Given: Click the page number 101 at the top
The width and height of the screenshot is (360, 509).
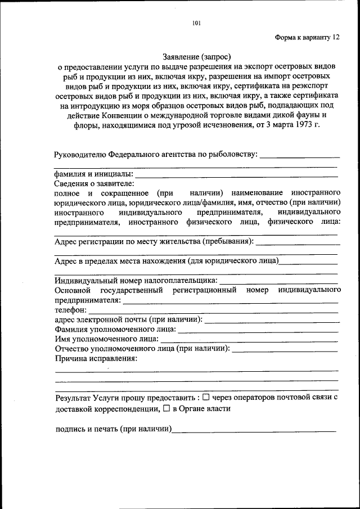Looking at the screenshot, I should click(x=196, y=23).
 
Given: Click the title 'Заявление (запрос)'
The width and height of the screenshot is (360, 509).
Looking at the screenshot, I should click(x=197, y=56).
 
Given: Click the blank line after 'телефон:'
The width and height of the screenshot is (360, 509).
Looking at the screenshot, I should click(x=214, y=310).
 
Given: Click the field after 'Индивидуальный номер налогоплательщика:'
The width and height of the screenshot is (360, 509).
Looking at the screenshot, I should click(x=278, y=280).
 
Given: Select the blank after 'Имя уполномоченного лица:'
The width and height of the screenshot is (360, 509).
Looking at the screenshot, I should click(x=250, y=340).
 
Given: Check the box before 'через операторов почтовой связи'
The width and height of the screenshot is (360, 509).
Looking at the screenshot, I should click(x=206, y=397).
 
